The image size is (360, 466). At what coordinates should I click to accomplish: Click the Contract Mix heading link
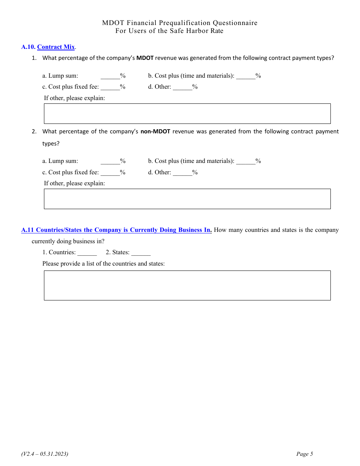click(56, 47)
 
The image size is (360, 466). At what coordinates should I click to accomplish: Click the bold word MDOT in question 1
click(145, 58)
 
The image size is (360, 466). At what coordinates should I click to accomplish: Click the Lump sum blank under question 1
click(110, 76)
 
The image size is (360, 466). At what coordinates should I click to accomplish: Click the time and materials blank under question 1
click(246, 76)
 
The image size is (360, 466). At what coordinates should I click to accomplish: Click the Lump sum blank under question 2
click(110, 161)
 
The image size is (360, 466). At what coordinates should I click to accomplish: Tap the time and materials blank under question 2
click(246, 161)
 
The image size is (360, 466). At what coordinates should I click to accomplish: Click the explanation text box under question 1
click(187, 114)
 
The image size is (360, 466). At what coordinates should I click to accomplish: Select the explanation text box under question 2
click(187, 199)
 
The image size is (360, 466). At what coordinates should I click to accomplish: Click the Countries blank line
click(87, 253)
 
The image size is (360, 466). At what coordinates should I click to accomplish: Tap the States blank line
click(141, 253)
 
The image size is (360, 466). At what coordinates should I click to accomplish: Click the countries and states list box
click(187, 285)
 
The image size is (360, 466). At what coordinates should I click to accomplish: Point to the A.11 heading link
click(116, 230)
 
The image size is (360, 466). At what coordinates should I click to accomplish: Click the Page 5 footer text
click(305, 454)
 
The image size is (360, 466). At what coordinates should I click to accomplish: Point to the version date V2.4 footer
click(45, 454)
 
